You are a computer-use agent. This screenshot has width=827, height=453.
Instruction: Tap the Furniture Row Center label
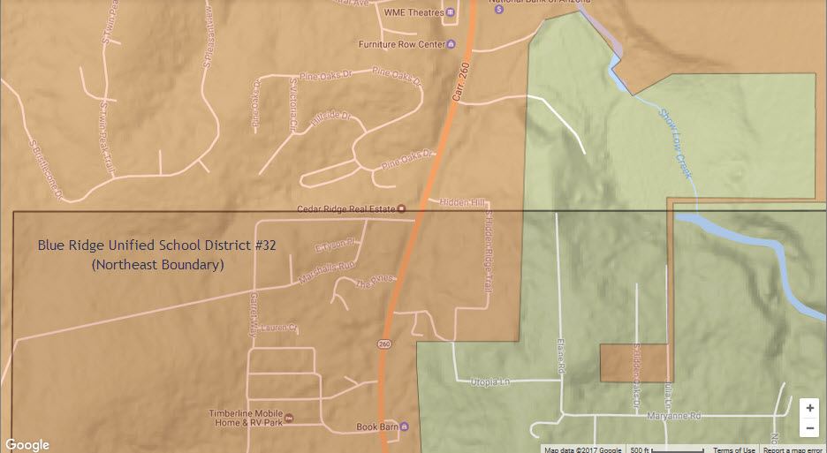400,44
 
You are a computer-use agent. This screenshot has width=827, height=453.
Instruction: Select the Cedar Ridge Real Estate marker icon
402,209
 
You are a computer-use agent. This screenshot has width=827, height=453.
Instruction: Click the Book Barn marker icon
404,427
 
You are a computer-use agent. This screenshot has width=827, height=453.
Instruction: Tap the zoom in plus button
809,409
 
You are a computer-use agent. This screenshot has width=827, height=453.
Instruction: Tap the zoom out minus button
809,429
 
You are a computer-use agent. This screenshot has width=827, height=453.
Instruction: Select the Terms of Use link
733,449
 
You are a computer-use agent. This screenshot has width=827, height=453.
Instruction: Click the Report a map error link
794,449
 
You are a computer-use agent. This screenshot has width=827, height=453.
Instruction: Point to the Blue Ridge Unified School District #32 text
157,245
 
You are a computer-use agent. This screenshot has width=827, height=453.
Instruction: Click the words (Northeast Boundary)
157,264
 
